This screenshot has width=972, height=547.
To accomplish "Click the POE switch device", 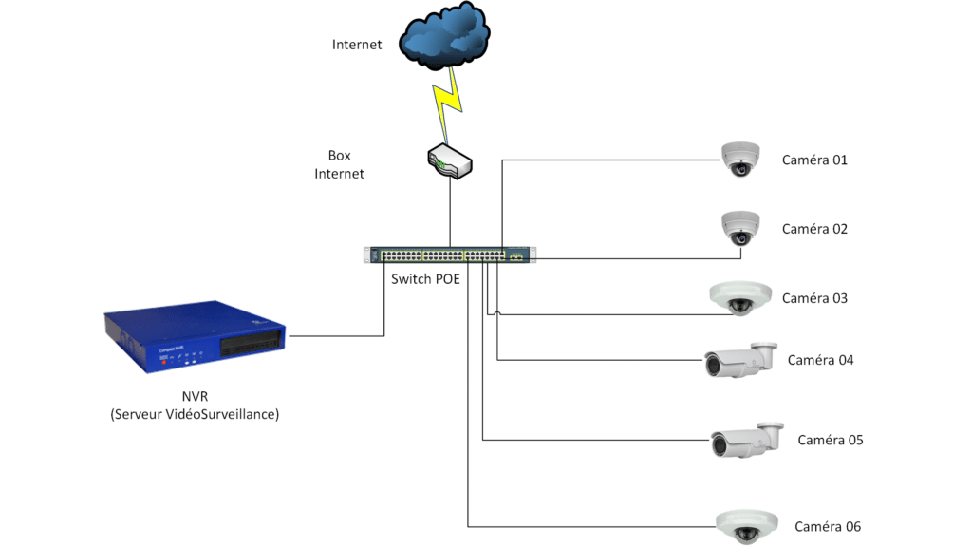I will coord(449,255).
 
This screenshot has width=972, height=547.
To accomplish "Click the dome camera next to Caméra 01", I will coord(740,159).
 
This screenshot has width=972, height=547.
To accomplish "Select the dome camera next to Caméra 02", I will coord(740,229).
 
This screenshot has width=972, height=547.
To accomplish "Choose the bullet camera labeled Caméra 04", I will coord(738,361).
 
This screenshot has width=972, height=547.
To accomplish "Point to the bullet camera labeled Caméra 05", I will coord(746,441).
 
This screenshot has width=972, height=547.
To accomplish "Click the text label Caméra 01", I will coord(814,160).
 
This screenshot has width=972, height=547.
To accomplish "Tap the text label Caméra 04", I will coord(820,361).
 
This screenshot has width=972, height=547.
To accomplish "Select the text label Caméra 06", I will coord(828,527).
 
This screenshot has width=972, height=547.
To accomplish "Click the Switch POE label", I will coord(425,279).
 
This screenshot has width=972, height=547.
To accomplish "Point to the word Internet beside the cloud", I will coord(357,45).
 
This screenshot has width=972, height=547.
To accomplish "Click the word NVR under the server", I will coord(195,397).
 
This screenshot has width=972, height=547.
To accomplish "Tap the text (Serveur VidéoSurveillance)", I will coord(195,414).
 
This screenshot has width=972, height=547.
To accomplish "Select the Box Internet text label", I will coord(340,164).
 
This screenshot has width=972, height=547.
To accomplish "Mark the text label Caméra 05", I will coord(830,441).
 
